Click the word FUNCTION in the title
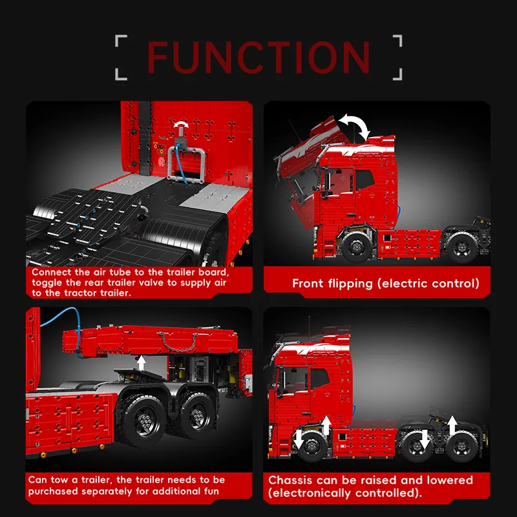[x=258, y=57]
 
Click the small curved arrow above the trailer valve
[x=181, y=123]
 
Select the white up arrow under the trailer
[x=142, y=363]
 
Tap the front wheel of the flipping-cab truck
[x=357, y=246]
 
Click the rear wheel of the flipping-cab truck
[x=461, y=247]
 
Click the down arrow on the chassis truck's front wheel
[x=299, y=439]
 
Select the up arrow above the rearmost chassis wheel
[x=452, y=425]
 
